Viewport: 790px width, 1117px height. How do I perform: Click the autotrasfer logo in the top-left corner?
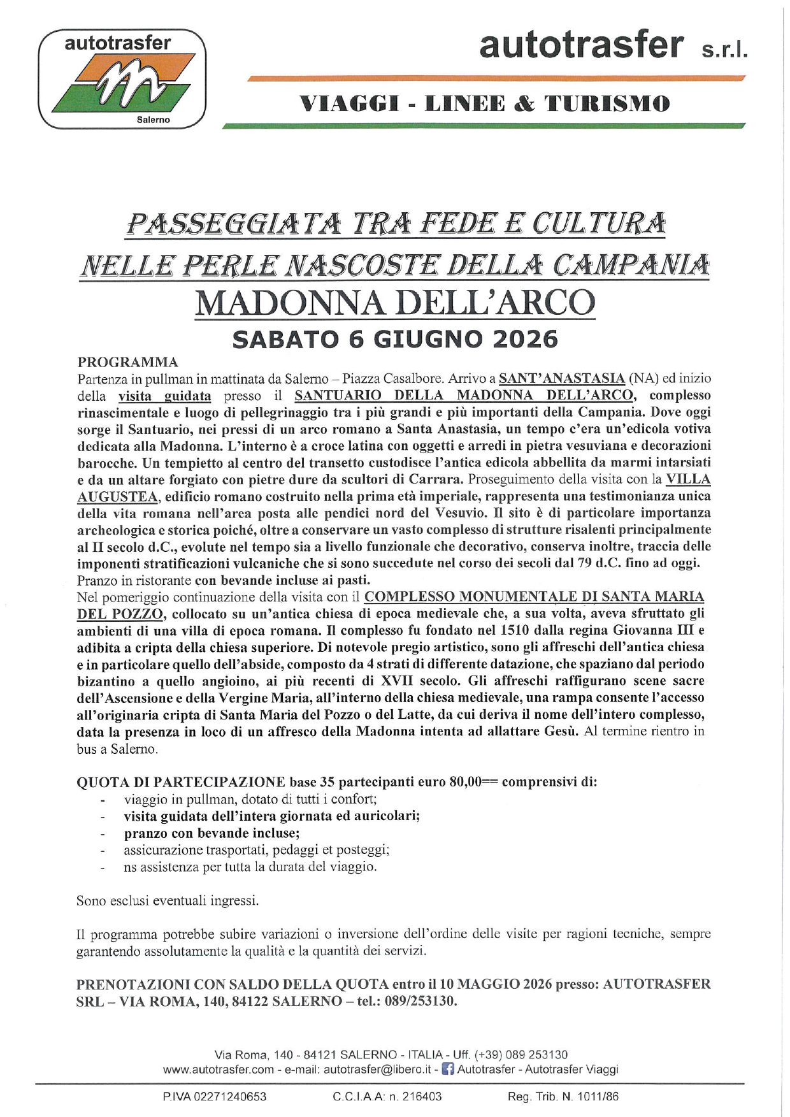pos(122,79)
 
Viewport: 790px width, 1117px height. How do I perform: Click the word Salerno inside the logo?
pos(154,119)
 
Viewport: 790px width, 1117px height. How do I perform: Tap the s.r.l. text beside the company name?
pos(724,50)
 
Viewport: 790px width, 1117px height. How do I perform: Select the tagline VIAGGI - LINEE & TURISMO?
pos(485,103)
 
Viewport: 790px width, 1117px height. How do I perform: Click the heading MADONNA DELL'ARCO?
pos(395,303)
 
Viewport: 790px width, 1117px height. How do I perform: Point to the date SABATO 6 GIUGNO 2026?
pos(395,339)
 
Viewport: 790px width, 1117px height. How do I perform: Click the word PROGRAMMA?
pos(127,363)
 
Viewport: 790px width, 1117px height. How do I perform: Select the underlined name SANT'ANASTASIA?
pos(561,379)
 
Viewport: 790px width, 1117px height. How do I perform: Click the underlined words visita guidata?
pos(164,396)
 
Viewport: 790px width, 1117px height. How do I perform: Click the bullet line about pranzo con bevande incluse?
pos(212,833)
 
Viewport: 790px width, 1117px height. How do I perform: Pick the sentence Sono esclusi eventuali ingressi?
pos(168,900)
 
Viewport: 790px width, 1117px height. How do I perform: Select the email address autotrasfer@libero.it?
pos(377,1070)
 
